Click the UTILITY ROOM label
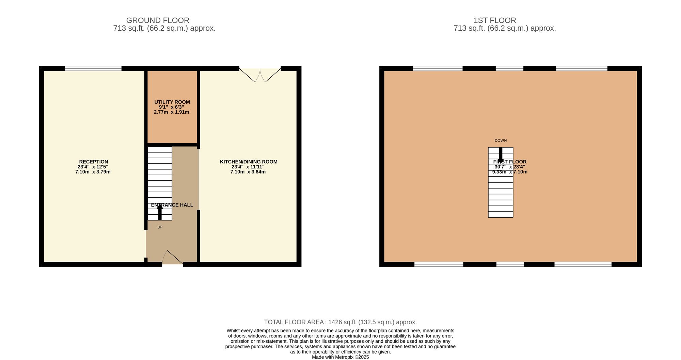click(x=172, y=102)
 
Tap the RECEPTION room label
click(x=94, y=162)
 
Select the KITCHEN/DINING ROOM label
click(x=249, y=162)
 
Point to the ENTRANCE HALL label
click(x=172, y=205)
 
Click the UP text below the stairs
click(x=160, y=227)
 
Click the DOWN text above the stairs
click(x=501, y=140)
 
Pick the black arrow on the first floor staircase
click(x=501, y=155)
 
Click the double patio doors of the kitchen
click(x=260, y=75)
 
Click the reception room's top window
click(x=93, y=68)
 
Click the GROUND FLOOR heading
click(x=158, y=20)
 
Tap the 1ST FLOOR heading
click(x=495, y=20)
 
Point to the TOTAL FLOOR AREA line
click(x=340, y=322)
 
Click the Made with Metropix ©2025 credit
click(x=340, y=357)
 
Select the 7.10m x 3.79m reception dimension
click(x=93, y=172)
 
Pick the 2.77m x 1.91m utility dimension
click(x=172, y=112)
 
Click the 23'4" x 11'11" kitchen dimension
click(x=248, y=167)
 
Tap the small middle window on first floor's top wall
click(x=509, y=68)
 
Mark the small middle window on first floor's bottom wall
click(x=510, y=264)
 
